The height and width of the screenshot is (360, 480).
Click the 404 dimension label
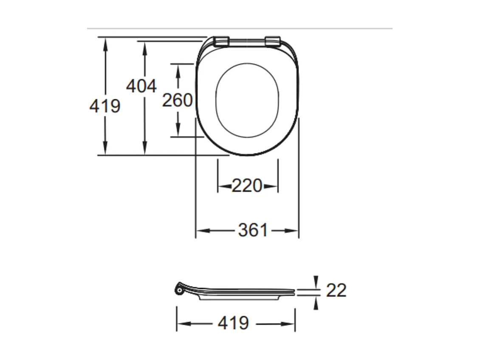tap(141, 86)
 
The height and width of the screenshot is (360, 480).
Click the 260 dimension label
tap(178, 101)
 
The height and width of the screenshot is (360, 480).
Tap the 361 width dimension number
tap(253, 230)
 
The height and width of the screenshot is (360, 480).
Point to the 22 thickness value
tap(336, 291)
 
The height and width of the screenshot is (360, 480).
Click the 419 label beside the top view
tap(105, 106)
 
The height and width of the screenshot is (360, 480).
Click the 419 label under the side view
tap(233, 324)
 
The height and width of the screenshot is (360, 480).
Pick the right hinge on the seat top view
tap(273, 41)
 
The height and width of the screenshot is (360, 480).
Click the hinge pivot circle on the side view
tap(179, 290)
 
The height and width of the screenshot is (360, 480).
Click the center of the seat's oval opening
tap(247, 100)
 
